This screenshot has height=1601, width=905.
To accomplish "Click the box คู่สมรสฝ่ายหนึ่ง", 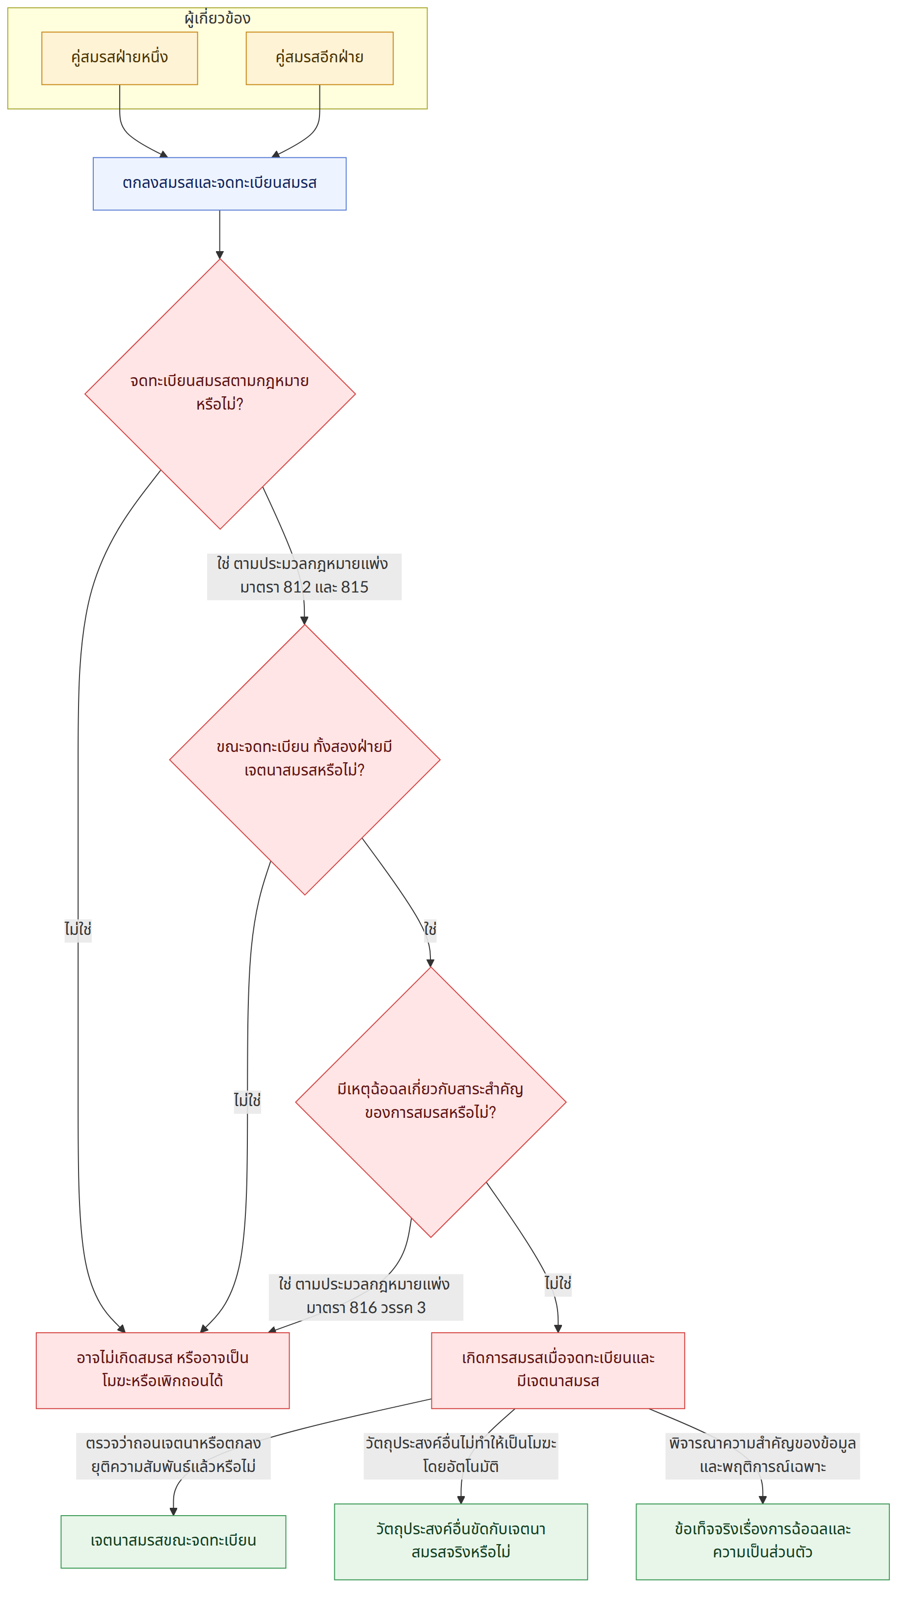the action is tap(119, 58).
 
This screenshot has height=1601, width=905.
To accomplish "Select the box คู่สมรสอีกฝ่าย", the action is tap(319, 58).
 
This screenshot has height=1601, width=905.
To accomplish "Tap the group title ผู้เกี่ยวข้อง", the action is tap(218, 18).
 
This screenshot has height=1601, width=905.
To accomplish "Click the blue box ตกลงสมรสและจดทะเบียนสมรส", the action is tap(219, 183).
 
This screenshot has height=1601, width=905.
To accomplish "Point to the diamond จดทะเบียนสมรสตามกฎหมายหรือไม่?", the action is tap(219, 393).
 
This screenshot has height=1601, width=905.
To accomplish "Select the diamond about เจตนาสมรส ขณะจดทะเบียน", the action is tap(305, 759).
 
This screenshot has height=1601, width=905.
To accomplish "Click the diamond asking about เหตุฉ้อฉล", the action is tap(430, 1102).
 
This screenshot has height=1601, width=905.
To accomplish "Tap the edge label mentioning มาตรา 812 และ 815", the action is tap(304, 576).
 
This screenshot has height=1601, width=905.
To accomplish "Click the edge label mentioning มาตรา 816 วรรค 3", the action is tap(366, 1296).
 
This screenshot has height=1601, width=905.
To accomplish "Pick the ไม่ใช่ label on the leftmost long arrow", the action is tap(78, 929).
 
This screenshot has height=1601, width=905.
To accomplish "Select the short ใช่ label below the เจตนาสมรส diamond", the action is tap(430, 929).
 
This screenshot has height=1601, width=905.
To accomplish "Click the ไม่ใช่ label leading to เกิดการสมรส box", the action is tap(558, 1284).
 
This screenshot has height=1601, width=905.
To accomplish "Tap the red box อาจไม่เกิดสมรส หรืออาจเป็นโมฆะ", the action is tap(163, 1370).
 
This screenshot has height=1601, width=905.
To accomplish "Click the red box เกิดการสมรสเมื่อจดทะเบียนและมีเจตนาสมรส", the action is tap(558, 1370).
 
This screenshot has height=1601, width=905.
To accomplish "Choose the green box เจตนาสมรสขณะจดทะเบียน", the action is tap(174, 1541).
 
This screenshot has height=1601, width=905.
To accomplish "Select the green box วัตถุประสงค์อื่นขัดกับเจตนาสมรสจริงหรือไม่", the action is tap(461, 1541).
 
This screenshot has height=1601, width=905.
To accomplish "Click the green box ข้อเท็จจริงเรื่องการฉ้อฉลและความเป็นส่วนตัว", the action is tap(763, 1541).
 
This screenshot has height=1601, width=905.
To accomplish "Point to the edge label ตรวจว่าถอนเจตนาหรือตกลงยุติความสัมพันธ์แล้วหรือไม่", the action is tap(174, 1456).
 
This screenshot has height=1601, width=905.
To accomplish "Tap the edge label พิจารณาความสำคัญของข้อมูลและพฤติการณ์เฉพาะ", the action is tap(763, 1456).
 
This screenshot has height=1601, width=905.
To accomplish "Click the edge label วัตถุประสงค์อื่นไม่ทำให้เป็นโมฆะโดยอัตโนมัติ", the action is tap(461, 1456).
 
